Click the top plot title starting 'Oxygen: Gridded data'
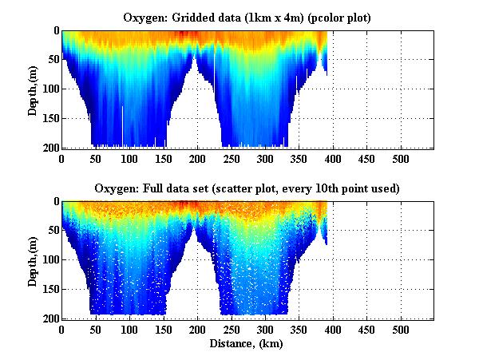pos(247,17)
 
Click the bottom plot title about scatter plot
pos(247,188)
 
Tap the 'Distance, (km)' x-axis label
pos(247,344)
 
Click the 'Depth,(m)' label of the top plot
pos(33,88)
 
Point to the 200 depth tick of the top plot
pos(49,148)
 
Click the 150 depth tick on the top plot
pos(49,118)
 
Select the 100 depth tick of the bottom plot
pos(49,259)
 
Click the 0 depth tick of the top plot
pos(55,30)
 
